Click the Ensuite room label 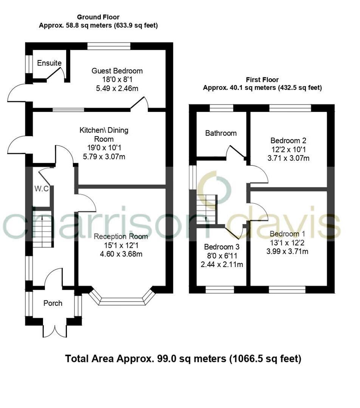click(x=49, y=63)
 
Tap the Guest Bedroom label click(x=117, y=71)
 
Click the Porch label click(x=53, y=303)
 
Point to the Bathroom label click(x=221, y=133)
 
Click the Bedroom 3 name click(x=221, y=247)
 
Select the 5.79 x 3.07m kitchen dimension click(x=104, y=156)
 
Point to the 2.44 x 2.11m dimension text click(x=221, y=264)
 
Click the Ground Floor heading click(x=98, y=17)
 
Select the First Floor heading click(x=262, y=80)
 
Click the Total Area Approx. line click(x=183, y=359)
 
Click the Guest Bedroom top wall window click(x=109, y=46)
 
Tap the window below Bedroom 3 click(x=220, y=289)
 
